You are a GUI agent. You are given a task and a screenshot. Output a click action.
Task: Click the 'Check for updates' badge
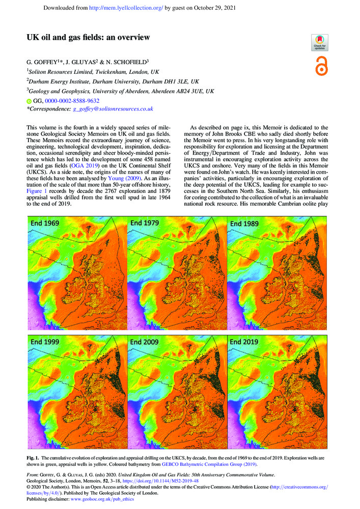click(x=319, y=42)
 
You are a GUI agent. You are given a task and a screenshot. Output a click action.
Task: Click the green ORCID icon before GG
click(x=29, y=101)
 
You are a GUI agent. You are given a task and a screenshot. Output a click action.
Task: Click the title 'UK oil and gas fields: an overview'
click(x=89, y=37)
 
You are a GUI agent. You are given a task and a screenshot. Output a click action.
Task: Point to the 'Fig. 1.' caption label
click(x=35, y=459)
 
